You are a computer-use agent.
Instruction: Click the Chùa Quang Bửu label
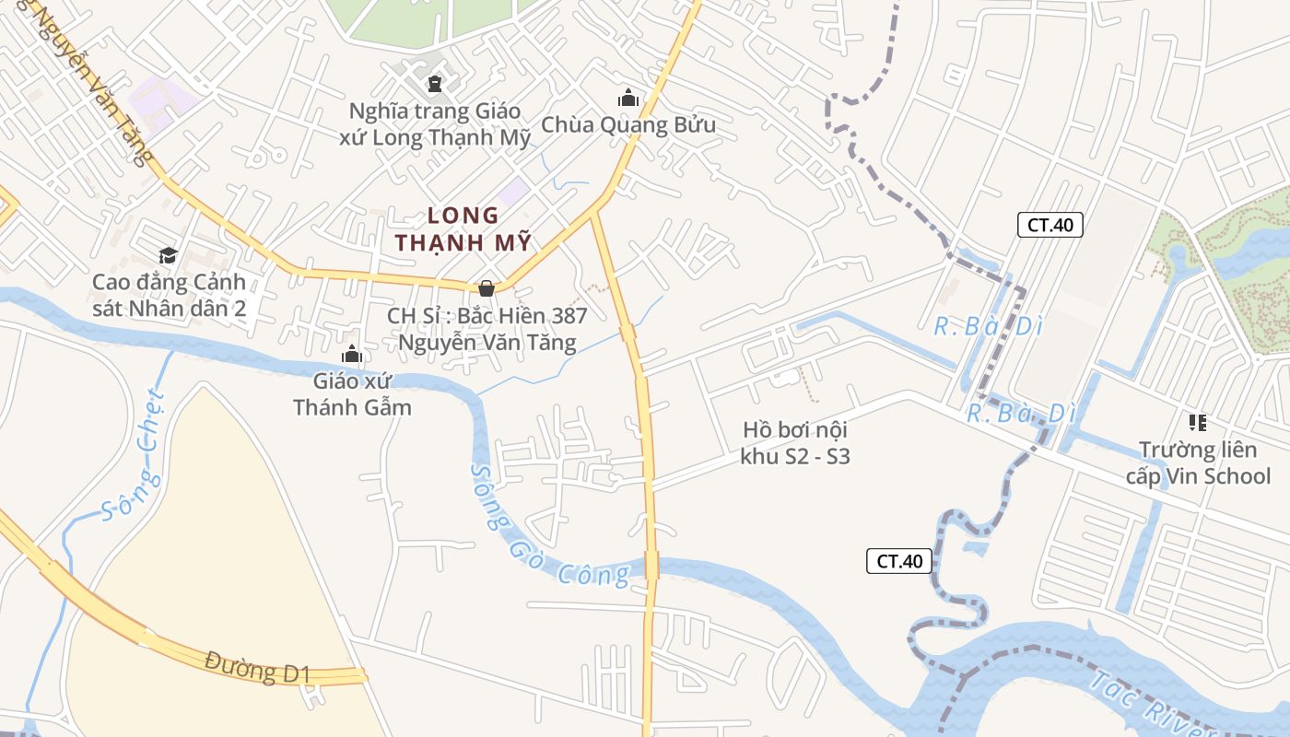coord(627,124)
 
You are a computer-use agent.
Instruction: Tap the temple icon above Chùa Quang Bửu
coord(628,97)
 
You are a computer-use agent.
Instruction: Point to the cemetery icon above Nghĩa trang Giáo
coord(434,84)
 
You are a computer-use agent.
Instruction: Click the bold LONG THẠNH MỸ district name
coord(463,229)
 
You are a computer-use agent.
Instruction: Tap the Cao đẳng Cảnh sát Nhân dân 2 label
coord(169,295)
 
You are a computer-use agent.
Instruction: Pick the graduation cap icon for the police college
coord(168,255)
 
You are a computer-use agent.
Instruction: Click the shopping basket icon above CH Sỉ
coord(486,288)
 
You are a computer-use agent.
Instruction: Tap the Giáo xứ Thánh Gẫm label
coord(352,393)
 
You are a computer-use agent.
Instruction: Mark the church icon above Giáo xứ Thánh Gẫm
coord(351,355)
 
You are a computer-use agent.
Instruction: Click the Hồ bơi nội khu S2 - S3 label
coord(794,442)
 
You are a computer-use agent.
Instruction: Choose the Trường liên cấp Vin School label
coord(1197,462)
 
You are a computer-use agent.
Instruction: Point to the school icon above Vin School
coord(1197,423)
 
